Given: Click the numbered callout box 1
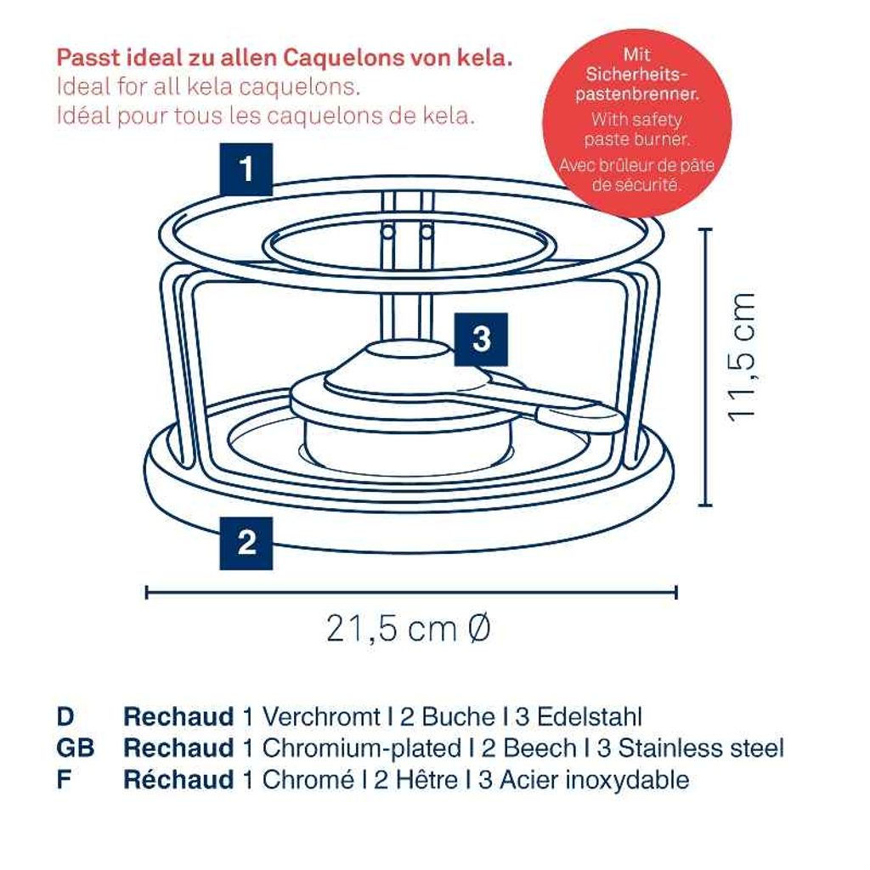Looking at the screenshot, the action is pyautogui.click(x=246, y=169).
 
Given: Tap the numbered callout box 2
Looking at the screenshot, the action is pyautogui.click(x=246, y=543).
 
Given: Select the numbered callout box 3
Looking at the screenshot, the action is pyautogui.click(x=481, y=339).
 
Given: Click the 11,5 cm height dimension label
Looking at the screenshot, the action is pyautogui.click(x=743, y=358).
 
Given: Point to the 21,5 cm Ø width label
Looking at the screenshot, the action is pyautogui.click(x=409, y=629).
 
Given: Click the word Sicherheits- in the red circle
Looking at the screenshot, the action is pyautogui.click(x=637, y=74).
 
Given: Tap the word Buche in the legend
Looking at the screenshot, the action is pyautogui.click(x=458, y=716).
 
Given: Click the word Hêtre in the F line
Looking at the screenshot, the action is pyautogui.click(x=426, y=780).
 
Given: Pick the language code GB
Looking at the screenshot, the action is pyautogui.click(x=76, y=748).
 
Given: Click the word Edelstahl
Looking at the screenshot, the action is pyautogui.click(x=590, y=716).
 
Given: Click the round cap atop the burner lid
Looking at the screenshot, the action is pyautogui.click(x=410, y=349).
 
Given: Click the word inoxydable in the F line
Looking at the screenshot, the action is pyautogui.click(x=627, y=780).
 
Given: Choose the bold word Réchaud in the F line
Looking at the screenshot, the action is pyautogui.click(x=178, y=780).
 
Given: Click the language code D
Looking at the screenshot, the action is pyautogui.click(x=65, y=716).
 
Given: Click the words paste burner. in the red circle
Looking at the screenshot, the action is pyautogui.click(x=637, y=138).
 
